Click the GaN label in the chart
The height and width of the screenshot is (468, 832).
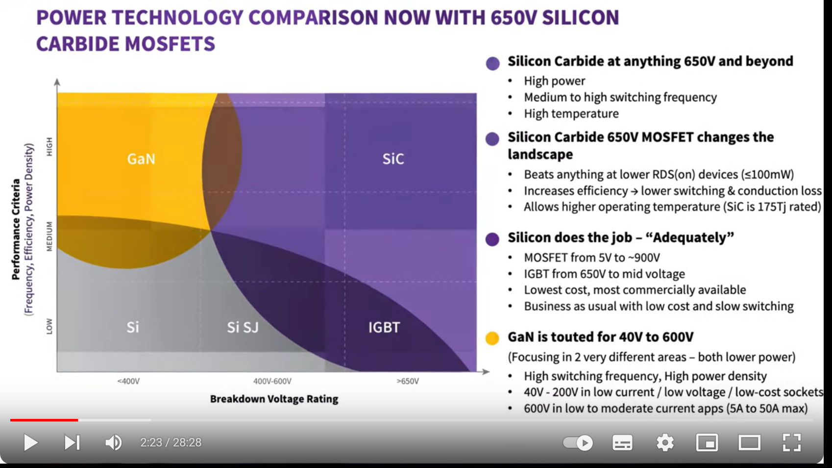(141, 159)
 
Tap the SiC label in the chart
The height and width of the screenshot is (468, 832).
(393, 159)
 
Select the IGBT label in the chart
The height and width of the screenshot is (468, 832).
(384, 327)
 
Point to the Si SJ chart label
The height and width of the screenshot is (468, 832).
(243, 327)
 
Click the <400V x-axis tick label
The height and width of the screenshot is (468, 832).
(128, 381)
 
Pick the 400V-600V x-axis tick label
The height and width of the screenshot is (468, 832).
(272, 381)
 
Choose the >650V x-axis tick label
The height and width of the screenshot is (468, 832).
(408, 381)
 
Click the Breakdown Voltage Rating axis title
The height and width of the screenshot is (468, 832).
(274, 399)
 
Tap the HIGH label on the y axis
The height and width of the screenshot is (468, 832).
(49, 147)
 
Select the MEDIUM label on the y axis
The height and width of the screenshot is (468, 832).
(49, 236)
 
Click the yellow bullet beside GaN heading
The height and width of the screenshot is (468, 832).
(492, 338)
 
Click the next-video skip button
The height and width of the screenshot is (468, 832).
(72, 442)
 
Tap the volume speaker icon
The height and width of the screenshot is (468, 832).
(113, 442)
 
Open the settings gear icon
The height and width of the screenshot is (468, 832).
(665, 442)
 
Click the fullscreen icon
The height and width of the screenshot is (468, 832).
(791, 442)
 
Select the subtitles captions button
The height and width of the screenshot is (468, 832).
(622, 442)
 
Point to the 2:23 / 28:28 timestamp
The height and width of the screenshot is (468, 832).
(171, 442)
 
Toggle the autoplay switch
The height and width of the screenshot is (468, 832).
(578, 442)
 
